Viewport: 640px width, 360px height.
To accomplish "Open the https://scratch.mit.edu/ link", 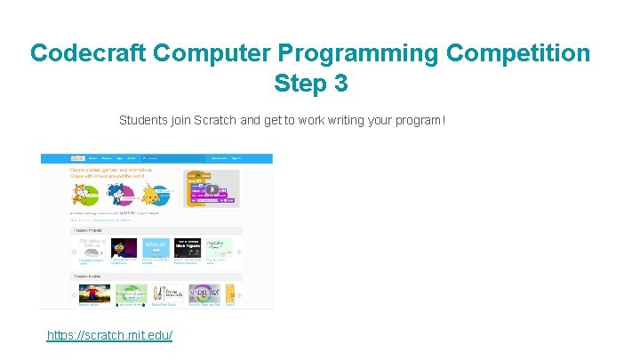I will click(109, 335).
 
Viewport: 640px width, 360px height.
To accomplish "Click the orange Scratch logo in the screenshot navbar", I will click(77, 158).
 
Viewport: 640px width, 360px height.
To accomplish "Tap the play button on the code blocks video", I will click(212, 189).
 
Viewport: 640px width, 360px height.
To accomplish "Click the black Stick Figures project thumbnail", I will click(187, 248).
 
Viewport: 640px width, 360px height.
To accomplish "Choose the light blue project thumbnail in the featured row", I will click(155, 248).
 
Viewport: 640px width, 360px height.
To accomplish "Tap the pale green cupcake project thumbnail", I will click(220, 248).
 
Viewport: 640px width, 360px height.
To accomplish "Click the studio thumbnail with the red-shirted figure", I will click(94, 294).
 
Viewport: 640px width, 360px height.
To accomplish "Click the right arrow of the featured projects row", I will click(239, 252).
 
